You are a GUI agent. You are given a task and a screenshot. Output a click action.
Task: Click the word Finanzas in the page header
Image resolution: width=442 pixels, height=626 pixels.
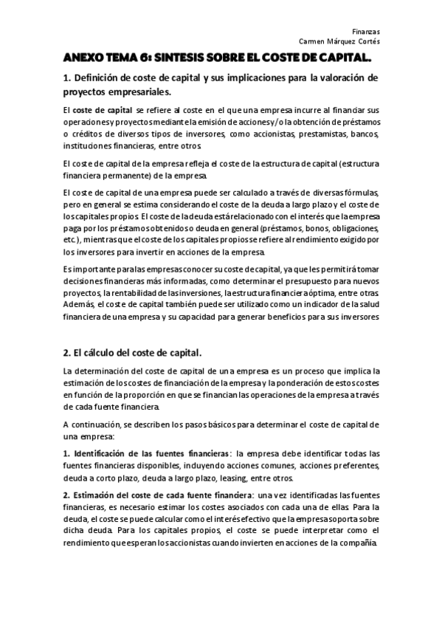click(x=366, y=32)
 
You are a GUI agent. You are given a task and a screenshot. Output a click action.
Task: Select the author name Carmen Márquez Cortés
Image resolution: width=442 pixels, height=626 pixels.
click(x=339, y=41)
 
